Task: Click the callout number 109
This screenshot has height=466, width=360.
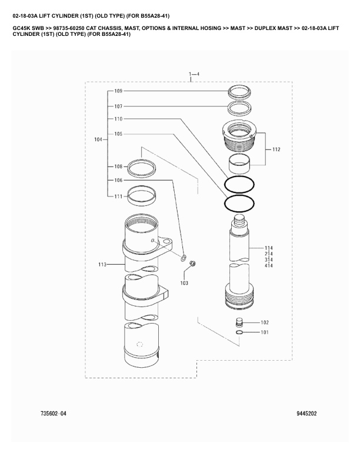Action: (118, 91)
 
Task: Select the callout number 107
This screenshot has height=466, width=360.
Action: (118, 106)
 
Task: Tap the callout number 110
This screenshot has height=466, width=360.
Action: (118, 119)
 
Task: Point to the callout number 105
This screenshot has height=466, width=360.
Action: (118, 134)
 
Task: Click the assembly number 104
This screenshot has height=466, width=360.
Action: (98, 139)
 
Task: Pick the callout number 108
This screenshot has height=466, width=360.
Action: (118, 167)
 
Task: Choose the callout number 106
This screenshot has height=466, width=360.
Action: (118, 180)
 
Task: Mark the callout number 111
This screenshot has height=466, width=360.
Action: (118, 196)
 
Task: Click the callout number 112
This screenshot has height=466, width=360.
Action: (276, 149)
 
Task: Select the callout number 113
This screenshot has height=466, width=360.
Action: (103, 265)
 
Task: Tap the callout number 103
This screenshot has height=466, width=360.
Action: (184, 283)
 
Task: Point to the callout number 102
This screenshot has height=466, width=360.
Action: (264, 322)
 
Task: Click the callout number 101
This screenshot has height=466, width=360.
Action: (264, 332)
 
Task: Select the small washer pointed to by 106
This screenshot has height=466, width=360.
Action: (184, 258)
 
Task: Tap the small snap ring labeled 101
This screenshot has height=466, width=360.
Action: (239, 332)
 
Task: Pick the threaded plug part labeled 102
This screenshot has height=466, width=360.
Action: (239, 322)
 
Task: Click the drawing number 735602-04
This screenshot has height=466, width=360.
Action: (53, 413)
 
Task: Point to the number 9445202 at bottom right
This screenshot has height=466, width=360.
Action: (306, 413)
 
